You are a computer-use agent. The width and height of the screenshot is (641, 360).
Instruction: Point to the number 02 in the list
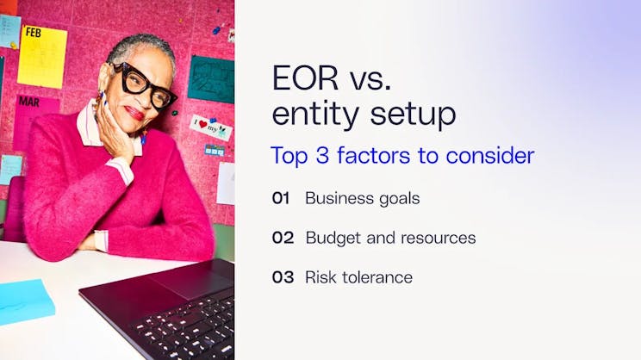pos(283,238)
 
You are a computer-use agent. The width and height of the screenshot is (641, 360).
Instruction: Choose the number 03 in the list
pos(283,277)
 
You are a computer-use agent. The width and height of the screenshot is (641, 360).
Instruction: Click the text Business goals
pos(362,198)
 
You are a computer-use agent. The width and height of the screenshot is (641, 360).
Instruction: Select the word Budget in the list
pos(331,238)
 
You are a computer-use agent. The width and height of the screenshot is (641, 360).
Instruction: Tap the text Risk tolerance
pos(358,277)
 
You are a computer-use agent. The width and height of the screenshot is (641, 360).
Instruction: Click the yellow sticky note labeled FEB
pos(41,55)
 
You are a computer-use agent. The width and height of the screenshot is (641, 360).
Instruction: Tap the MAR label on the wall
pos(29,102)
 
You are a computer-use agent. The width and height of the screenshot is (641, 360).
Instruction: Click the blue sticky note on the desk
pos(24,301)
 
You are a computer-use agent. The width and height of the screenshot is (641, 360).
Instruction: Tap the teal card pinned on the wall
pos(210,78)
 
